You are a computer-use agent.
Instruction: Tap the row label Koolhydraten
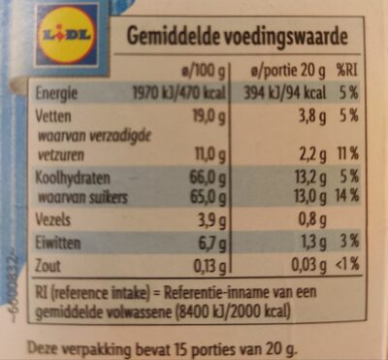71,178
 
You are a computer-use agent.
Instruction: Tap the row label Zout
48,262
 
